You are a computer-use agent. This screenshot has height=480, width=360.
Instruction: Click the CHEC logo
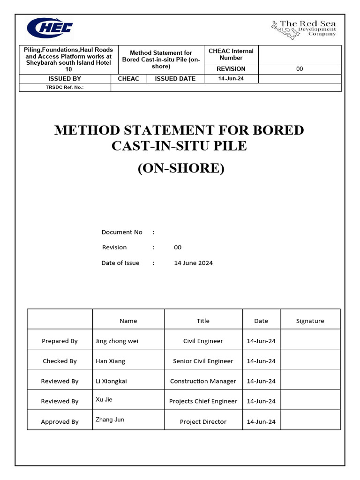(50, 28)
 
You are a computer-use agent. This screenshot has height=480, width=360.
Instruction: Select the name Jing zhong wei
(117, 341)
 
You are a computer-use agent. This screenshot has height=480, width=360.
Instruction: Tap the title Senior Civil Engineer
(203, 361)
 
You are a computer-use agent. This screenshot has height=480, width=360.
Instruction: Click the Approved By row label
(60, 421)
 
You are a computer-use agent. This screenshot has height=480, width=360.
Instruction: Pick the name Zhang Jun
(110, 419)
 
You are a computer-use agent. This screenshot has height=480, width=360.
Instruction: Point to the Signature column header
(310, 321)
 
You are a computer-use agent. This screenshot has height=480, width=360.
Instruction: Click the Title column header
(203, 321)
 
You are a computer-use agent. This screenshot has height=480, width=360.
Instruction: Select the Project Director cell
(203, 421)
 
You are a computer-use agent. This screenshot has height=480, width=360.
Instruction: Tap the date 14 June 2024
(193, 263)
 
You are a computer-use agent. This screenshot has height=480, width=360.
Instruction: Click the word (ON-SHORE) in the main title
(180, 168)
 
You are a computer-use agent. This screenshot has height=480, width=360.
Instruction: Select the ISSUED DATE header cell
(175, 79)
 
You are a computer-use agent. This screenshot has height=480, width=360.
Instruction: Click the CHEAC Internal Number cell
(231, 54)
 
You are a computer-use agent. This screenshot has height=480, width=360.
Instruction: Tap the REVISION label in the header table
(231, 69)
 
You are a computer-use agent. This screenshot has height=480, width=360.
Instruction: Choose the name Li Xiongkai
(111, 381)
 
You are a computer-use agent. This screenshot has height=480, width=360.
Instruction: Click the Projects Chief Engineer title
(203, 401)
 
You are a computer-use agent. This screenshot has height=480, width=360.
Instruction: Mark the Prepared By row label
(60, 341)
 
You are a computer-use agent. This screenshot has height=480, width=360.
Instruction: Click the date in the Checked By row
(261, 361)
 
